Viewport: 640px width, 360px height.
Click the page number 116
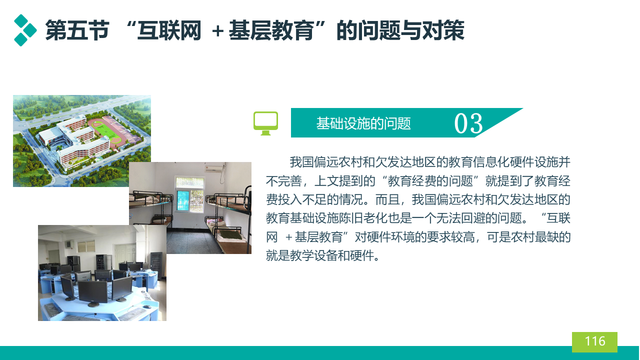tap(595, 341)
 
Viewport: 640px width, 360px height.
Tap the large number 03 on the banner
tap(468, 123)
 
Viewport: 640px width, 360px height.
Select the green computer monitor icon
tap(265, 123)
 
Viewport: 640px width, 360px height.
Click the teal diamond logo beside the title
tap(25, 30)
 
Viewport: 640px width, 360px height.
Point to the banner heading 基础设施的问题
tap(363, 123)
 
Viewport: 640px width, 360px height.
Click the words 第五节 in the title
tap(77, 30)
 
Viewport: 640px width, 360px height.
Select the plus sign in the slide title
tap(217, 31)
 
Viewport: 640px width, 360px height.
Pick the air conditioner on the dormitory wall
tap(215, 169)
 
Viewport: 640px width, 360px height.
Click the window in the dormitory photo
tap(190, 194)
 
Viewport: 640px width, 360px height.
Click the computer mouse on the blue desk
tap(147, 307)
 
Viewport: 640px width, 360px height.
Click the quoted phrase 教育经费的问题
tap(430, 181)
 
